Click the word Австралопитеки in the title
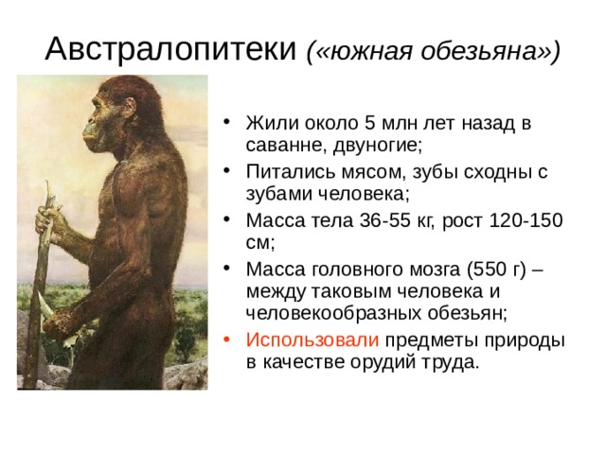(170, 49)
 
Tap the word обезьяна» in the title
(490, 51)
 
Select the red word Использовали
(312, 340)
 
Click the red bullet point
(227, 340)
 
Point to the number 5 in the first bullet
(370, 123)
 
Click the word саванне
(286, 145)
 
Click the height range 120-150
(526, 220)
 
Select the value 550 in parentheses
(491, 269)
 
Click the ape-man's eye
(98, 107)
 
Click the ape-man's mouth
(88, 136)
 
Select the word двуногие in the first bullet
(378, 146)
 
